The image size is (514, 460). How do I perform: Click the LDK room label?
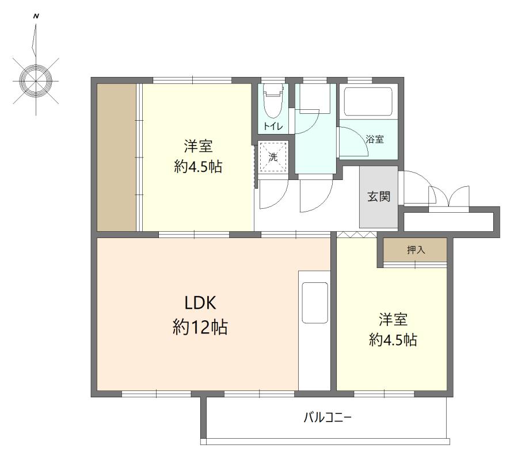(200, 303)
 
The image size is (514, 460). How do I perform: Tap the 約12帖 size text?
(200, 327)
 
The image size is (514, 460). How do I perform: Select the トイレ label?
(273, 126)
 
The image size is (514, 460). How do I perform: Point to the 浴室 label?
(375, 139)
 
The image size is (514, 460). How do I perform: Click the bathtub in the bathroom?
(368, 102)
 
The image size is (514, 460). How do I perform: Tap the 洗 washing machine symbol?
(273, 157)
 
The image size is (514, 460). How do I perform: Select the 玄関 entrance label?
(379, 197)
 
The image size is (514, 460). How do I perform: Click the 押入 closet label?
(416, 250)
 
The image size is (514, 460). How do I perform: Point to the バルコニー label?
(328, 418)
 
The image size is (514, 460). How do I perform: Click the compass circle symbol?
(36, 80)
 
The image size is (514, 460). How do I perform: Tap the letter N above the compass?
(36, 16)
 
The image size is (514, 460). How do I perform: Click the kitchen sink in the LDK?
(315, 303)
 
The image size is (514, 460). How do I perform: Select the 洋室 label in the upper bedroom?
(199, 146)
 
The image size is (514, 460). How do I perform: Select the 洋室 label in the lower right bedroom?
(393, 319)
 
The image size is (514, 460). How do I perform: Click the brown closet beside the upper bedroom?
(117, 157)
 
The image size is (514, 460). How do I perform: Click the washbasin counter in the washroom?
(315, 98)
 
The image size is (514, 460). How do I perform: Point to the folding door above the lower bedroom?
(357, 234)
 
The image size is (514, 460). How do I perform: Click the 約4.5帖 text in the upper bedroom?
(199, 167)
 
